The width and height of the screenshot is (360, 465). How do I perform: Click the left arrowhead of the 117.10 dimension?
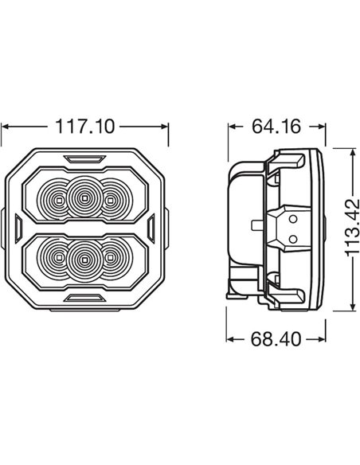point(6,127)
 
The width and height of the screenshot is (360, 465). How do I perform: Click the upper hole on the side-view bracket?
point(294,217)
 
